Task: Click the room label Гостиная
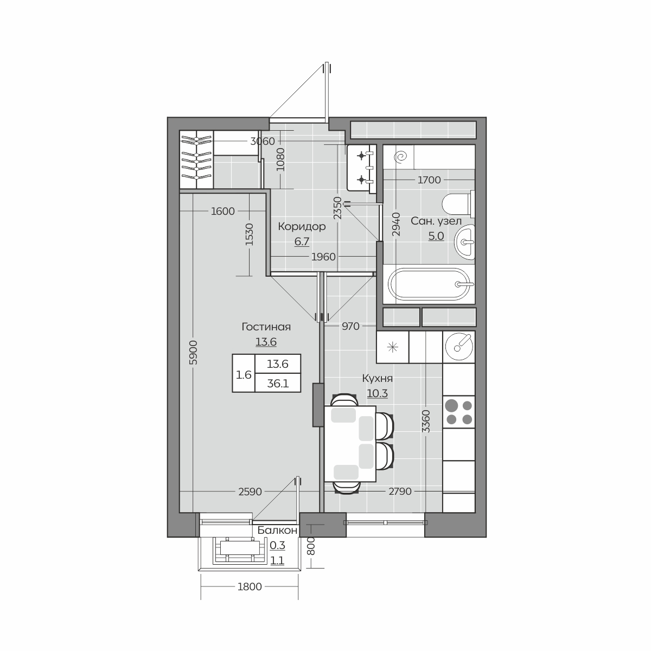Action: (266, 327)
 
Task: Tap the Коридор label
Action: (302, 226)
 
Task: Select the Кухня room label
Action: (378, 378)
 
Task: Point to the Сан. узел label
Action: (436, 221)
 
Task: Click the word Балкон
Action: (277, 531)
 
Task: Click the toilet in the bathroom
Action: (458, 203)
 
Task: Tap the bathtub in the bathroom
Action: (429, 284)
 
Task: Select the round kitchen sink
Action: (459, 347)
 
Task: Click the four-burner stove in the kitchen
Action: (459, 412)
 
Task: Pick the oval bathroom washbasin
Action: (464, 242)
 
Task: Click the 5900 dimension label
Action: (193, 353)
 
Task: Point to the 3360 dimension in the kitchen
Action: (426, 422)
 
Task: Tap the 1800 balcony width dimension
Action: (250, 587)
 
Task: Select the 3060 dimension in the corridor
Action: (263, 141)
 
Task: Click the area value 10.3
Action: (378, 393)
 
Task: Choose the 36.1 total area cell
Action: (278, 384)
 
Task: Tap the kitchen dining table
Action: (350, 444)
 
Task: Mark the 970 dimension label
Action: (350, 327)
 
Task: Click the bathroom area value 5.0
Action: (436, 236)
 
